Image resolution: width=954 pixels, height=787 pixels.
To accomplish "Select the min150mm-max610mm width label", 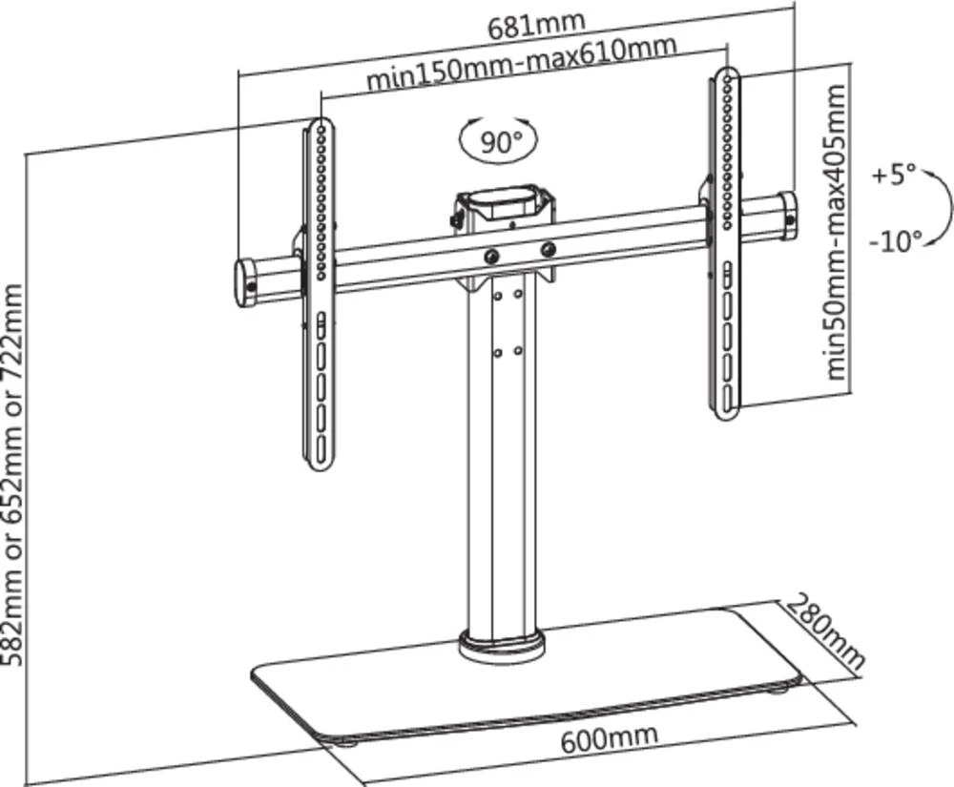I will [x=522, y=63].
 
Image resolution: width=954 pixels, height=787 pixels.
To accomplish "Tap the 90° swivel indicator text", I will [x=500, y=143].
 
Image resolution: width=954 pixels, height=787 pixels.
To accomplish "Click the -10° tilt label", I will [x=895, y=240].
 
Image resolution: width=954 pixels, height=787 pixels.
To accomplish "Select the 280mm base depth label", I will [x=826, y=631].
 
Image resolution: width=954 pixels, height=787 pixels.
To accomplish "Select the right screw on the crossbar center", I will [x=549, y=249].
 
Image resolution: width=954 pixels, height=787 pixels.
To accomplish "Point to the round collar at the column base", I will [x=501, y=644].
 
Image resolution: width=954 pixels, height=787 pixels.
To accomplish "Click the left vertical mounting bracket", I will [x=321, y=296].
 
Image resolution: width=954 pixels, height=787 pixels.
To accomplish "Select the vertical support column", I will [x=501, y=458].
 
